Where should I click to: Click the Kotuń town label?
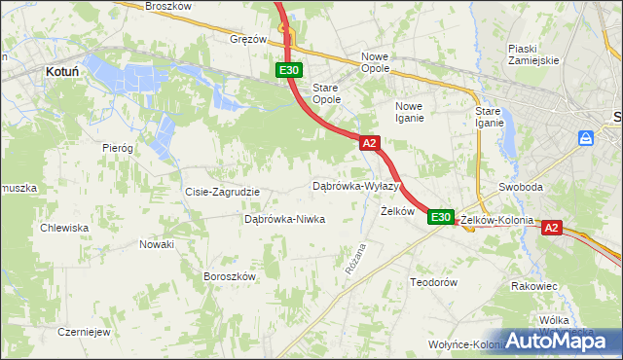(62, 71)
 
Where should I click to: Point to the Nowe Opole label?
(375, 62)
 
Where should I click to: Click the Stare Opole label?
(326, 93)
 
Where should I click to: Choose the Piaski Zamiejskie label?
(533, 54)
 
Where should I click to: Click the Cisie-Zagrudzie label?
(222, 192)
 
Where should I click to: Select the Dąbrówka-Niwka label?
(284, 220)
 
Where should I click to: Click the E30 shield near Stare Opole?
(289, 70)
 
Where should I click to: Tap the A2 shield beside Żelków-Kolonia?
(551, 228)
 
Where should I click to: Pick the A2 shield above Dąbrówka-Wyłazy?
(369, 143)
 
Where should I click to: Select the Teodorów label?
(433, 281)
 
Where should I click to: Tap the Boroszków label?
(229, 276)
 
